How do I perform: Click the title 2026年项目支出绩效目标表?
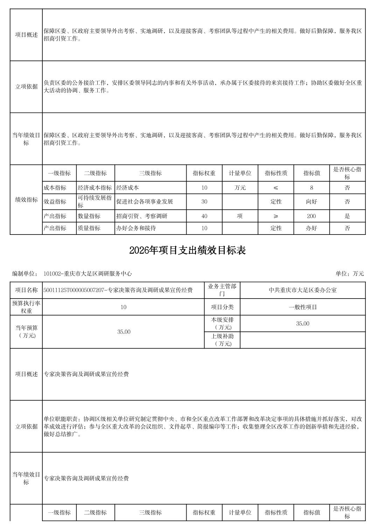[188, 250]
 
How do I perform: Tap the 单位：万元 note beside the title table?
[349, 274]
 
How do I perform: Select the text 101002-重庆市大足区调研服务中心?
[88, 274]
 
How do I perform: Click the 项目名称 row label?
[26, 290]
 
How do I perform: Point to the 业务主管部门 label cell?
[222, 290]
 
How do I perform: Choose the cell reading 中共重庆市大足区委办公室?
[302, 290]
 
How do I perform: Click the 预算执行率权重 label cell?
[26, 307]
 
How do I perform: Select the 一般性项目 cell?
[302, 307]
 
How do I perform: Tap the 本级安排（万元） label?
[222, 323]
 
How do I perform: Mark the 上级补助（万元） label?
[222, 340]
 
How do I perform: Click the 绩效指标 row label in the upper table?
[26, 199]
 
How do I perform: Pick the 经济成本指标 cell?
[95, 188]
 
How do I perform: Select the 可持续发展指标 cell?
[95, 202]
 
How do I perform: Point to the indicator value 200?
[311, 216]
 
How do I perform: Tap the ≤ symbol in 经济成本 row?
[276, 188]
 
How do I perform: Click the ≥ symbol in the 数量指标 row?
[276, 216]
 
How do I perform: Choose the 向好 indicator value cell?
[311, 202]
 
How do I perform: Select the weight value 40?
[204, 216]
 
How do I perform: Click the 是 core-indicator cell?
[347, 216]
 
